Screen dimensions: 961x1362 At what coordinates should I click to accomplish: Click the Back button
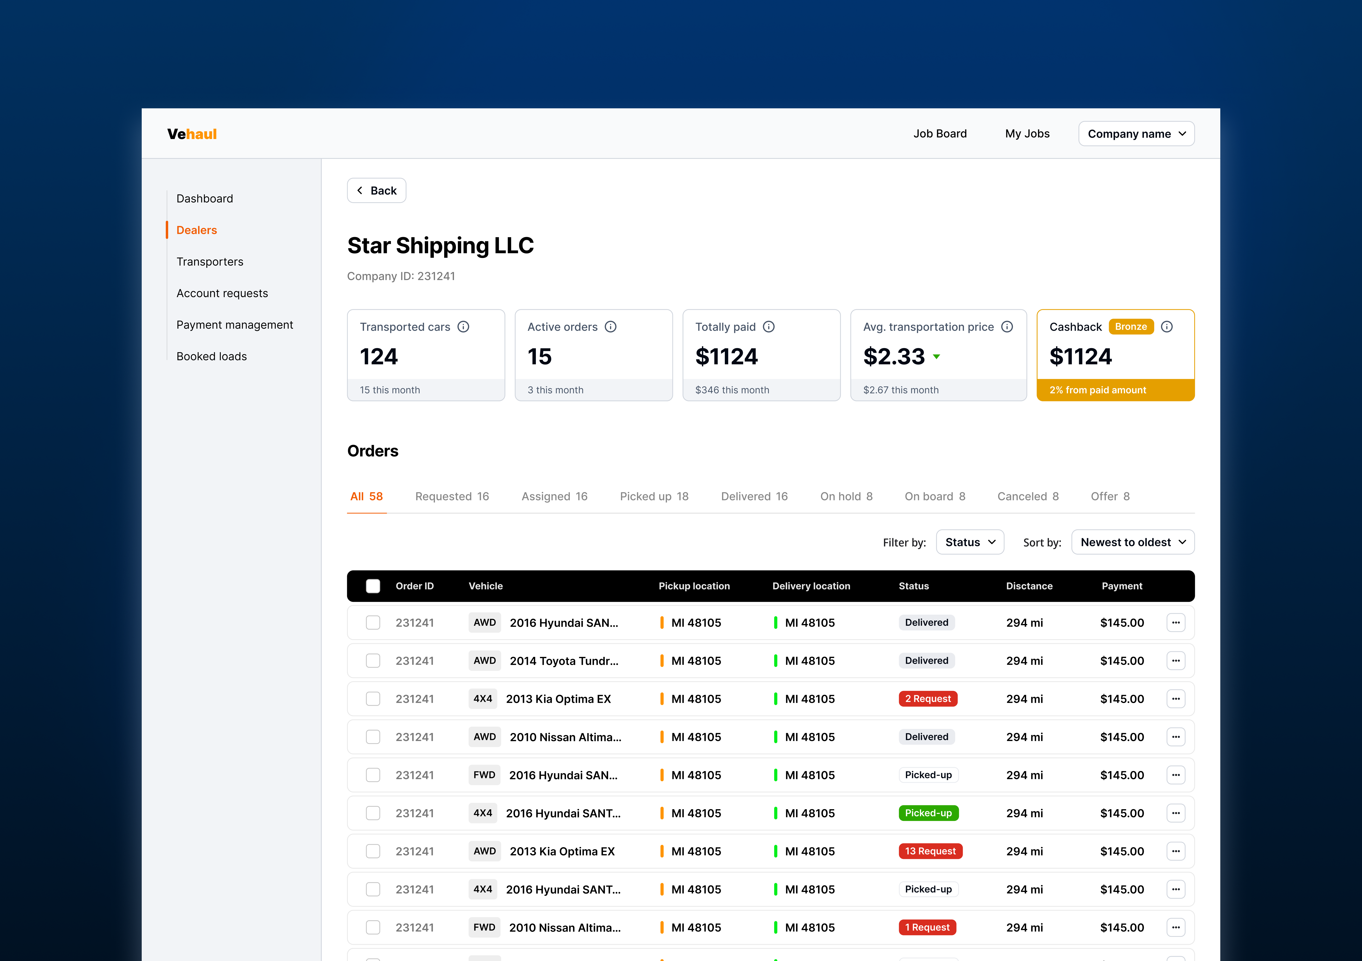click(x=376, y=190)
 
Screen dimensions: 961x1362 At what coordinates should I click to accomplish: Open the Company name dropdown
click(x=1135, y=134)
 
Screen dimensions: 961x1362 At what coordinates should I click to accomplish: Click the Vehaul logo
click(x=192, y=134)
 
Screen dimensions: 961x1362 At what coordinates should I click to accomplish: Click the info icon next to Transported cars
click(x=463, y=327)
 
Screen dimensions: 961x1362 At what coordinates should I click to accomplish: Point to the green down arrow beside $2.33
click(x=936, y=357)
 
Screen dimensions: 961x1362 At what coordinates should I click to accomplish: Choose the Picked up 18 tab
click(x=654, y=496)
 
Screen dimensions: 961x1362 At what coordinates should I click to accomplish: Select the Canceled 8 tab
click(x=1027, y=496)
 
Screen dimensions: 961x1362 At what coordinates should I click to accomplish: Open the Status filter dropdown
click(x=969, y=542)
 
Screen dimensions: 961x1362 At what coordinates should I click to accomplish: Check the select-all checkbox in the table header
click(x=373, y=586)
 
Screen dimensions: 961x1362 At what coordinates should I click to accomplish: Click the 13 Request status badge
click(x=930, y=851)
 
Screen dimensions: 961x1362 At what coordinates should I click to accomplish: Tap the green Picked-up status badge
click(x=928, y=813)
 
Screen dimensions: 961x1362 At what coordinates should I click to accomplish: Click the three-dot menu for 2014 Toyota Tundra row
click(x=1175, y=661)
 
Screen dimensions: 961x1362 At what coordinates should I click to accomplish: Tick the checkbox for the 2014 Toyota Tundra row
click(x=373, y=661)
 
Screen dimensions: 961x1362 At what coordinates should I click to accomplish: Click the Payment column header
click(x=1121, y=586)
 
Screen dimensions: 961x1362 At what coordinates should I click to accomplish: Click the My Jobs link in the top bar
click(x=1027, y=134)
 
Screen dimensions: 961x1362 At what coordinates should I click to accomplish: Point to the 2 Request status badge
click(x=927, y=698)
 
